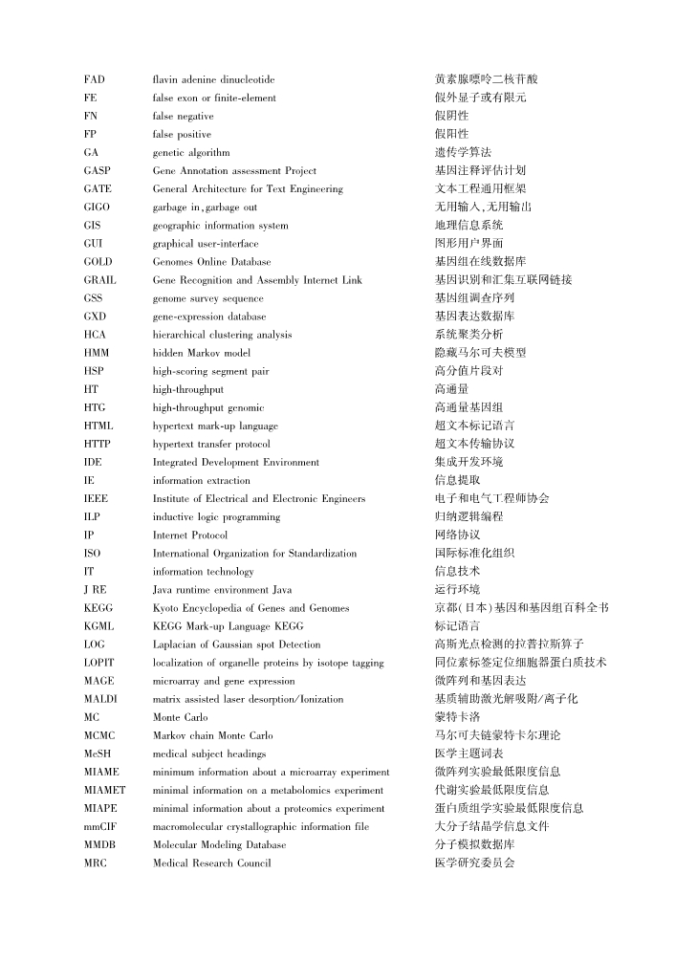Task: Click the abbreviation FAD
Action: pyautogui.click(x=94, y=79)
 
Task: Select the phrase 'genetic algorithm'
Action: pyautogui.click(x=191, y=152)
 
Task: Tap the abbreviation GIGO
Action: pyautogui.click(x=96, y=207)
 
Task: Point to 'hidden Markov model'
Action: pyautogui.click(x=202, y=353)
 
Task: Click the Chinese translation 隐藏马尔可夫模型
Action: pyautogui.click(x=480, y=353)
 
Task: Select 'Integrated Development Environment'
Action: pyautogui.click(x=236, y=462)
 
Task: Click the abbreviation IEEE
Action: pyautogui.click(x=96, y=498)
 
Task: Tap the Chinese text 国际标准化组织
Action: pyautogui.click(x=474, y=553)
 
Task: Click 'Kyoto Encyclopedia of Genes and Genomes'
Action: pyautogui.click(x=250, y=608)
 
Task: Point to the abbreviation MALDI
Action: pyautogui.click(x=100, y=699)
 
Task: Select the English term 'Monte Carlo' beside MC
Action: pyautogui.click(x=180, y=717)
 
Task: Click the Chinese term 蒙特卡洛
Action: pyautogui.click(x=457, y=717)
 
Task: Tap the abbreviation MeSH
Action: pyautogui.click(x=97, y=754)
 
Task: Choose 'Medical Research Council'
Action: pyautogui.click(x=211, y=863)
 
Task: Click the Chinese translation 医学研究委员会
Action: pyautogui.click(x=474, y=863)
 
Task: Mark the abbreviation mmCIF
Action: pyautogui.click(x=98, y=826)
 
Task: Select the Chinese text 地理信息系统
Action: pyautogui.click(x=468, y=226)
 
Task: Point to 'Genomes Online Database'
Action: pyautogui.click(x=211, y=262)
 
